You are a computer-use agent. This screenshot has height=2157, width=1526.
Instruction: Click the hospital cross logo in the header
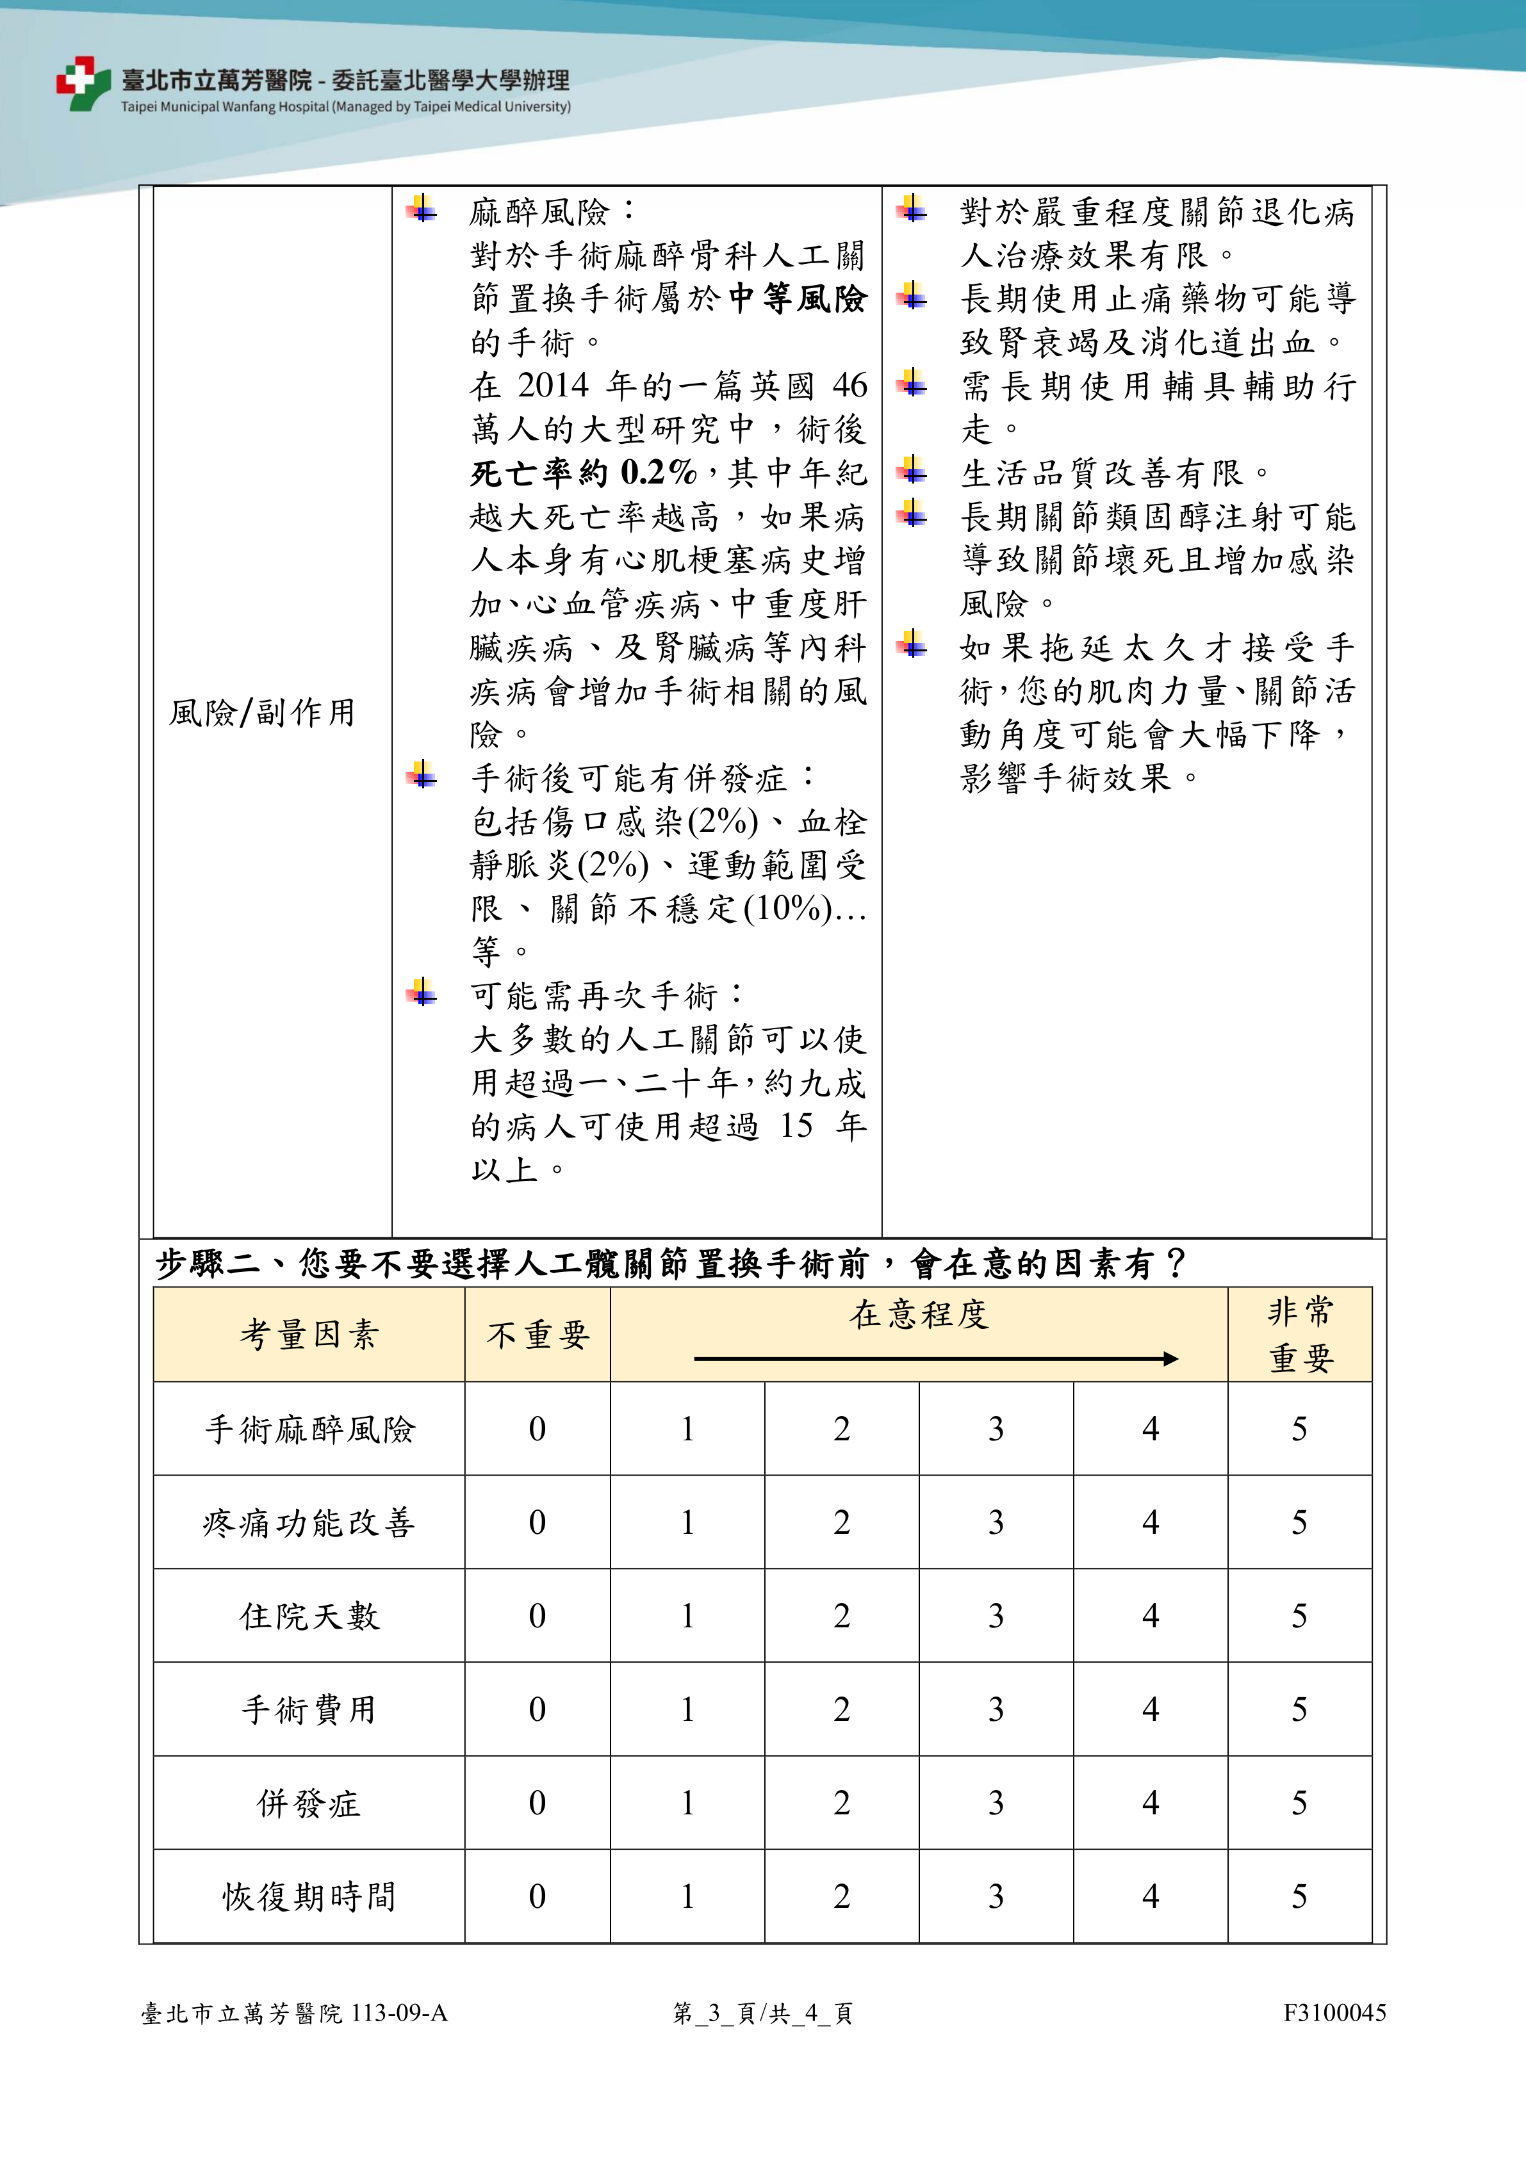[83, 83]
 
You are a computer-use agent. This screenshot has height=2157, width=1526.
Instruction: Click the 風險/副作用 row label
[262, 713]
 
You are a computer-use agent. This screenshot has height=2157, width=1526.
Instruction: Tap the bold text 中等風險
[797, 298]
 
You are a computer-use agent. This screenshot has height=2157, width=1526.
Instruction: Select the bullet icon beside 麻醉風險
[422, 209]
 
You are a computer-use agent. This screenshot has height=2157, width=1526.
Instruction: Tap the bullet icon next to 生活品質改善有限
[912, 469]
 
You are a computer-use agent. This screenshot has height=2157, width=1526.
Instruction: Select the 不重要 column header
[537, 1334]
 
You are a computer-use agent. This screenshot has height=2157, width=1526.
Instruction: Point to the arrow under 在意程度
[935, 1358]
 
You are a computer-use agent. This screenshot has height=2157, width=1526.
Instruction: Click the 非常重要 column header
[1300, 1334]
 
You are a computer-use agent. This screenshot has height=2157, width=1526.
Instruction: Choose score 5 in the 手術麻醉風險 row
[1300, 1429]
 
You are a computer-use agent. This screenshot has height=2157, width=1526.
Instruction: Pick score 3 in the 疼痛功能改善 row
[996, 1522]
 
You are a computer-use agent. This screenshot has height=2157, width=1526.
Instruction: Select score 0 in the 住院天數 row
[537, 1616]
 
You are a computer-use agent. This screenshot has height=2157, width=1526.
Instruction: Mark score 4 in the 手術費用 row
[1150, 1709]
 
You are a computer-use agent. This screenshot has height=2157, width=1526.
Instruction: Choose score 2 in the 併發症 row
[842, 1803]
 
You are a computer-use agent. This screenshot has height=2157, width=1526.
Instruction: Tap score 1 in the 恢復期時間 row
[688, 1896]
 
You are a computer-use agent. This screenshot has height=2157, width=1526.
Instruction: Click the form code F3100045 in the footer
[1334, 2012]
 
